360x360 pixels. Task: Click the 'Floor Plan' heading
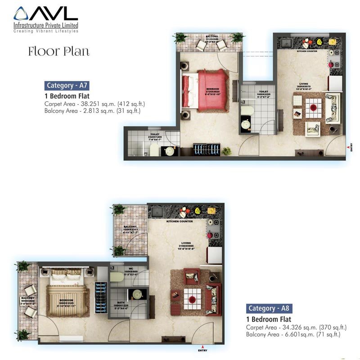tap(58, 51)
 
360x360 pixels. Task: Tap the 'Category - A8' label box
tap(268, 308)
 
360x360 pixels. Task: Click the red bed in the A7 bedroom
tap(210, 89)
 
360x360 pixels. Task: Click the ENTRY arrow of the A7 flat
tap(350, 147)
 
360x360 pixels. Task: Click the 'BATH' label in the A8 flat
tap(118, 302)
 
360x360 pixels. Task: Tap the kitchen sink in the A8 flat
tap(157, 211)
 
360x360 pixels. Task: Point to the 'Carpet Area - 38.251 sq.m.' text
tap(94, 103)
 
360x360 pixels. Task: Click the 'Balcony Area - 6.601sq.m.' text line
tap(293, 334)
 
